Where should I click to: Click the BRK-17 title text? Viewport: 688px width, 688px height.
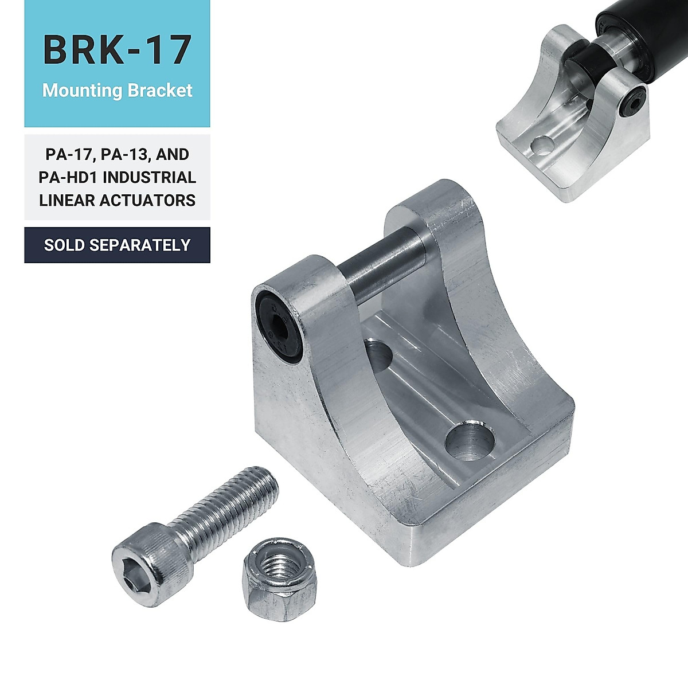[x=117, y=50]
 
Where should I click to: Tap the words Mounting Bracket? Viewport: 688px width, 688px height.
[x=117, y=91]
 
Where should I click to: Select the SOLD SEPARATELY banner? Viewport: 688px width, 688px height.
[x=117, y=245]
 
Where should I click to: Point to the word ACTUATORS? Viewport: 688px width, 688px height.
[x=147, y=200]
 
